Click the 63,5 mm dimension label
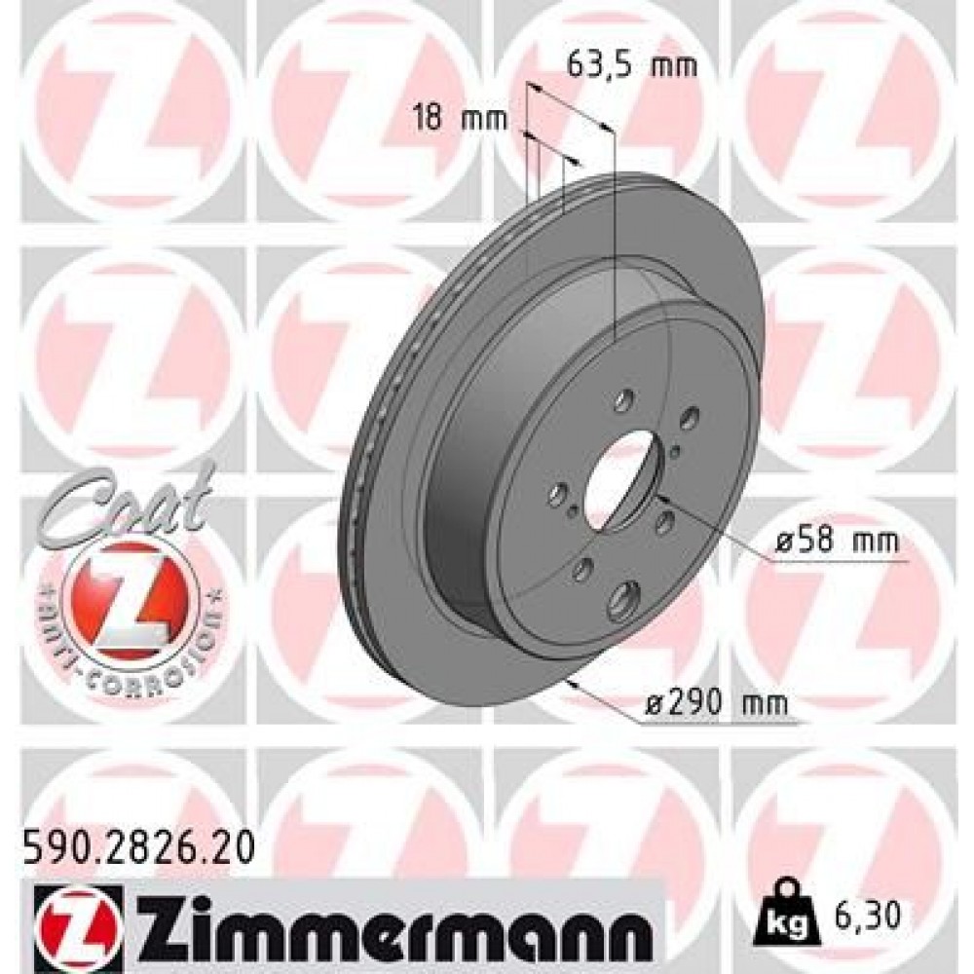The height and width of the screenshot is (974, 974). pos(632,66)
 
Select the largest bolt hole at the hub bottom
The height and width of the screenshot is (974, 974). pos(621,601)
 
